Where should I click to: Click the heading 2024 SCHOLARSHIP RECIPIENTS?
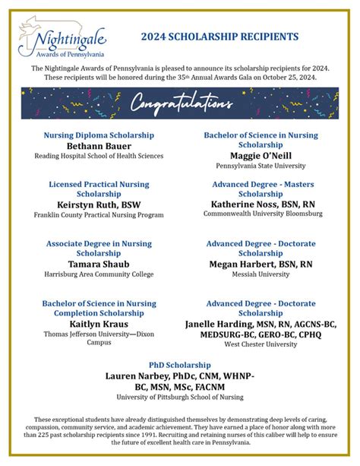tap(219, 36)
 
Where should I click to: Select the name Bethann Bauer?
tap(99, 145)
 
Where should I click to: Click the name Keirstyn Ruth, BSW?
tap(99, 204)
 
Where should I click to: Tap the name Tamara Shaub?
tap(99, 263)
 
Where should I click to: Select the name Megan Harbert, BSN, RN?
tap(261, 264)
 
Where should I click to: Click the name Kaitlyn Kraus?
tap(99, 323)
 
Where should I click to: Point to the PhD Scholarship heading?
tap(179, 364)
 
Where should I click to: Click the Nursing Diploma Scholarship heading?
tap(99, 135)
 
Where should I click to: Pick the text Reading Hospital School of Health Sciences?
tap(99, 156)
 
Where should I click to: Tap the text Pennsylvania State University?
tap(261, 165)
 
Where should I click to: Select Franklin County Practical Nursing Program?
tap(99, 215)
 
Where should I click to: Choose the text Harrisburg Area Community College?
tap(99, 274)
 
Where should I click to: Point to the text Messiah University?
tap(261, 274)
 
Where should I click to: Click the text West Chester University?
tap(261, 344)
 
